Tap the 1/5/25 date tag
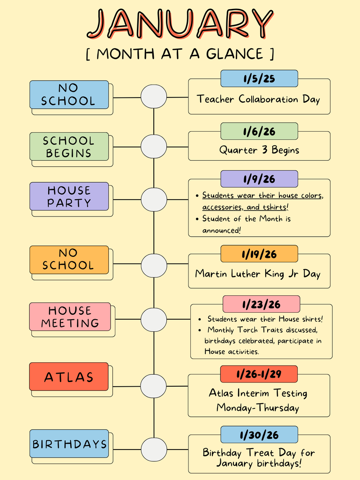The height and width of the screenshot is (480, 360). [259, 78]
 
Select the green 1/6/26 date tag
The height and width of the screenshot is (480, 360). [259, 131]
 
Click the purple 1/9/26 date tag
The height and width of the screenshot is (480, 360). [259, 179]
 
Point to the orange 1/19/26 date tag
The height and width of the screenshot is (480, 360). [259, 254]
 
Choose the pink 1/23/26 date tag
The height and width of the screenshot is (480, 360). [261, 304]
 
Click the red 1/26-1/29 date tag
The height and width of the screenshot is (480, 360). [259, 374]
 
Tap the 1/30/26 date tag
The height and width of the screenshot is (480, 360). [259, 435]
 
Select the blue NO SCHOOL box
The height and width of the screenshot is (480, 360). [69, 95]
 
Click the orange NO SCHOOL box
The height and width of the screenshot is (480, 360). [69, 260]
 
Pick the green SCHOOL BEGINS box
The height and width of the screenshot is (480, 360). [69, 147]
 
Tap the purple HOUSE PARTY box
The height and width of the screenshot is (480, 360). [69, 196]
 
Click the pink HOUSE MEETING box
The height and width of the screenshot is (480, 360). [70, 317]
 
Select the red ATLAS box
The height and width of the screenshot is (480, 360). [69, 377]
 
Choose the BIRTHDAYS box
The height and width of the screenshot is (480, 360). [69, 444]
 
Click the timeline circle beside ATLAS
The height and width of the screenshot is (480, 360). [154, 386]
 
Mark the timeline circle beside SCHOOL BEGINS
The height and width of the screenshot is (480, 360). [154, 146]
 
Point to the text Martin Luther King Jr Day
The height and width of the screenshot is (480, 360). [258, 274]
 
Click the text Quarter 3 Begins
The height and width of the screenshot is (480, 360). [259, 150]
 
